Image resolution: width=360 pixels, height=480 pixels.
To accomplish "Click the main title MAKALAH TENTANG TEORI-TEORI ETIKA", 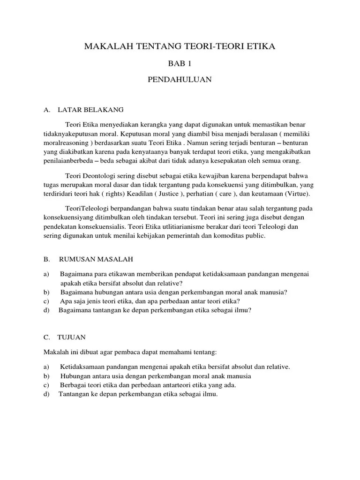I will coord(180,46).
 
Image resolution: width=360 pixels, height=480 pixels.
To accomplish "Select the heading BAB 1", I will coord(180,63).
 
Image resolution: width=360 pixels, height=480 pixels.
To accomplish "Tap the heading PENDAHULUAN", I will coord(180,80).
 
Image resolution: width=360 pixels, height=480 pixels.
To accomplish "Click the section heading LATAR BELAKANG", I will coord(90,110).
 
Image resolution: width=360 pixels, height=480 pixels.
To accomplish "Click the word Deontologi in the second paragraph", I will coord(100,176).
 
